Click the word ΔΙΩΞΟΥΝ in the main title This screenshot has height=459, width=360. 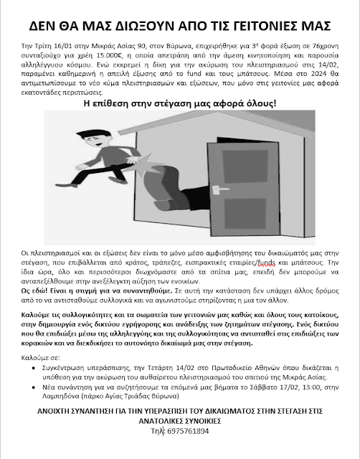point(146,26)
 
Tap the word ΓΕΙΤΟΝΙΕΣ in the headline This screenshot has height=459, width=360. point(266,26)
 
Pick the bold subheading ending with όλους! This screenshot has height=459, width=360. point(180,103)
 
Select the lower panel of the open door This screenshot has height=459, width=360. point(245,214)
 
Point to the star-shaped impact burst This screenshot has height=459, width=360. point(146,165)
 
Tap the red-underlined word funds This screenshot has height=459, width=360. point(267,262)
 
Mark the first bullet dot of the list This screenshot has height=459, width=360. point(34,368)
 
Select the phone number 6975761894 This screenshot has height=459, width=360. point(188,431)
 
